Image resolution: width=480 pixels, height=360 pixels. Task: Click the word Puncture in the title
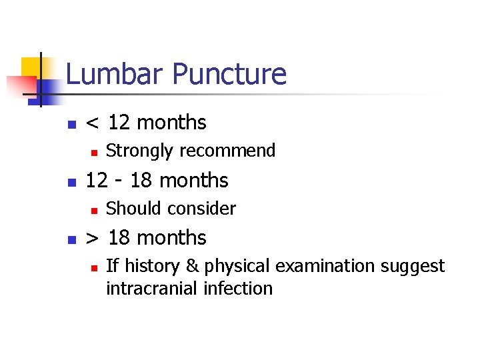tap(226, 74)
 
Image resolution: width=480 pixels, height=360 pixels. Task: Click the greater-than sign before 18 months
tap(94, 238)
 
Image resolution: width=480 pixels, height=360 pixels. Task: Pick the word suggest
tap(413, 267)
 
